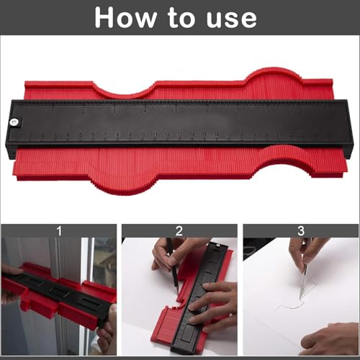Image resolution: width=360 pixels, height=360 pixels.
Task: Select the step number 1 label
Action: [58, 231]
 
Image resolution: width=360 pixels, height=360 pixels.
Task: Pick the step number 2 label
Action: [179, 231]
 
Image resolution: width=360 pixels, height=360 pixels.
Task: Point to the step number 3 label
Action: [300, 231]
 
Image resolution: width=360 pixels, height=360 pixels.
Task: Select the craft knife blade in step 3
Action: [303, 277]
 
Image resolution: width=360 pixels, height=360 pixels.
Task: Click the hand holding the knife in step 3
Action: [306, 252]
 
